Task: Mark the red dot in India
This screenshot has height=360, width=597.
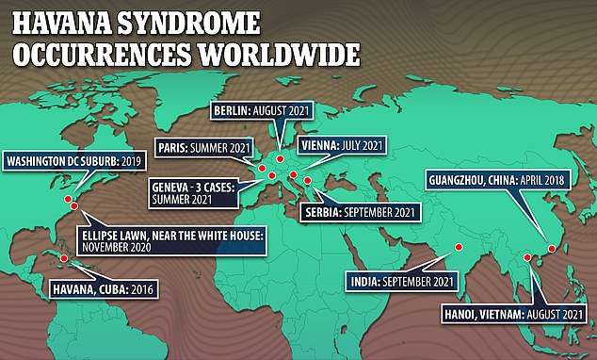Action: click(458, 248)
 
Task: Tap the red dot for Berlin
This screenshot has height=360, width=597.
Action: click(280, 157)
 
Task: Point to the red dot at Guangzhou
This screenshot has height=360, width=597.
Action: click(552, 249)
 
